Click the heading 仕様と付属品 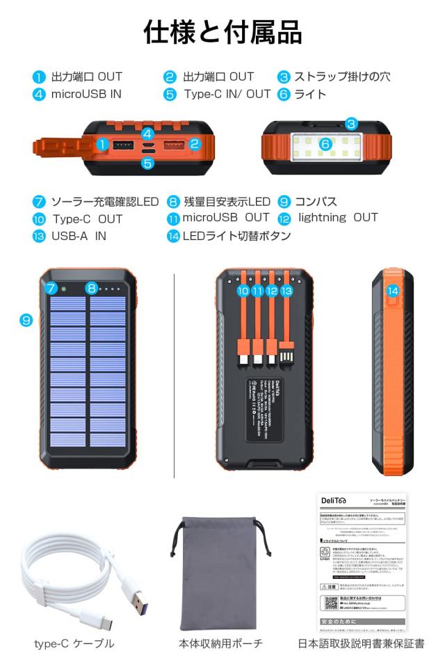click(222, 32)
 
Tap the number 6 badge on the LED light click(324, 144)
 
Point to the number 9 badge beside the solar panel click(26, 320)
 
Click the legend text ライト click(310, 95)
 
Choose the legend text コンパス click(316, 202)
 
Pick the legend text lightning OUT click(338, 218)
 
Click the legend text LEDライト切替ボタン click(236, 236)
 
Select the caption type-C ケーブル click(74, 644)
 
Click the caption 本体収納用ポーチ click(221, 644)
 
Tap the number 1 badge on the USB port click(102, 145)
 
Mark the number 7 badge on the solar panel click(51, 288)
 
